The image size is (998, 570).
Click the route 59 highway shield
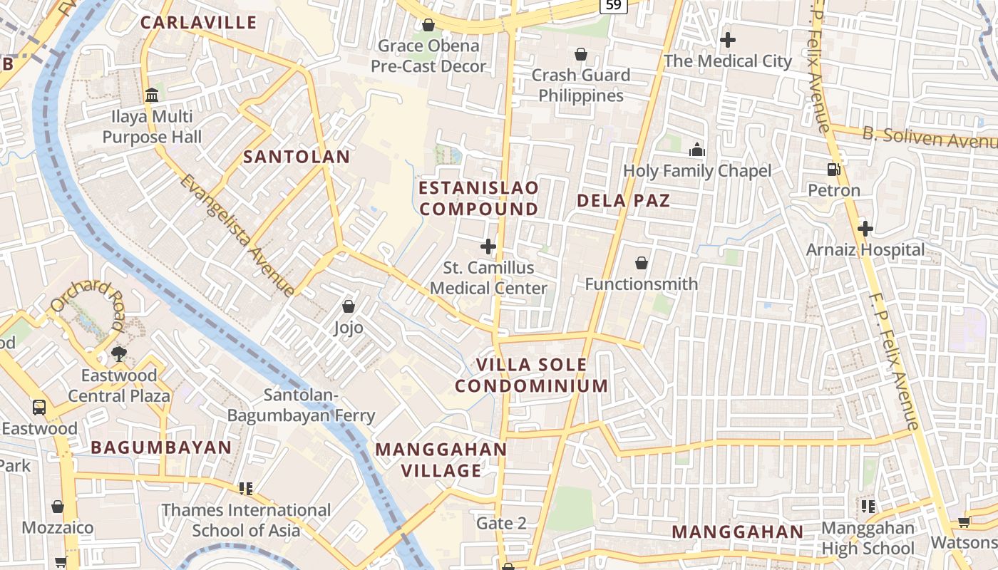(x=613, y=6)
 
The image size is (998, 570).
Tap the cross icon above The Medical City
(x=727, y=40)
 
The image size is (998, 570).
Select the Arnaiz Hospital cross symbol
(x=865, y=229)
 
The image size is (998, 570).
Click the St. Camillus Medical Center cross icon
(x=488, y=247)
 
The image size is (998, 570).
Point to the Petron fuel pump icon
(x=833, y=170)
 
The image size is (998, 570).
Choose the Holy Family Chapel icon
(x=696, y=150)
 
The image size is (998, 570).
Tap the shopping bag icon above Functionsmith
(x=642, y=263)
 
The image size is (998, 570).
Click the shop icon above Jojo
(x=349, y=306)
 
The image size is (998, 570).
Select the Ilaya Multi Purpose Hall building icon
(x=151, y=95)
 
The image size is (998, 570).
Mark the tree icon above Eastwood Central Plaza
(x=119, y=354)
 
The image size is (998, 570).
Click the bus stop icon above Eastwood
(x=39, y=408)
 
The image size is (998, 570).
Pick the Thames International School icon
(x=246, y=489)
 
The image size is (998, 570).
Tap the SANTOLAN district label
(x=297, y=157)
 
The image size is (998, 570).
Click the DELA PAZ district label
(x=623, y=200)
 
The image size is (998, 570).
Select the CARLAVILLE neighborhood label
(x=198, y=22)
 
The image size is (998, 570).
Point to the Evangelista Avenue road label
(x=237, y=234)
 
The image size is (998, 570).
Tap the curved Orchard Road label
(x=86, y=302)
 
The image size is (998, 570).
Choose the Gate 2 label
(x=501, y=523)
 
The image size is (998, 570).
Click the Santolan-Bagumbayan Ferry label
(x=300, y=405)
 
